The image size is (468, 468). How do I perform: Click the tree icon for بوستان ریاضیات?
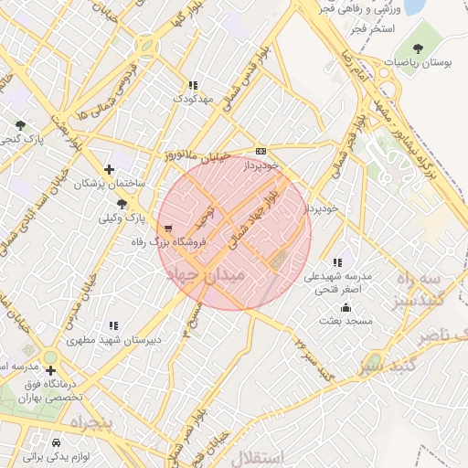[419, 48]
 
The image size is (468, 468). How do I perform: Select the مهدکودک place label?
[192, 97]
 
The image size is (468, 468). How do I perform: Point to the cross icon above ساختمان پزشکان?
[111, 169]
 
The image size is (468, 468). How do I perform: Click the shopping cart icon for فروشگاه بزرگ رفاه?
[167, 227]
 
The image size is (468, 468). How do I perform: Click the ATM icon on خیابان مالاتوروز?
[261, 151]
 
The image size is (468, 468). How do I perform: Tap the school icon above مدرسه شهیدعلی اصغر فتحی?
[339, 262]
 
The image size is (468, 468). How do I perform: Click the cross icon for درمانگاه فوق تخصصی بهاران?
[50, 369]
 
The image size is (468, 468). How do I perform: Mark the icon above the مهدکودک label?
[192, 85]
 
